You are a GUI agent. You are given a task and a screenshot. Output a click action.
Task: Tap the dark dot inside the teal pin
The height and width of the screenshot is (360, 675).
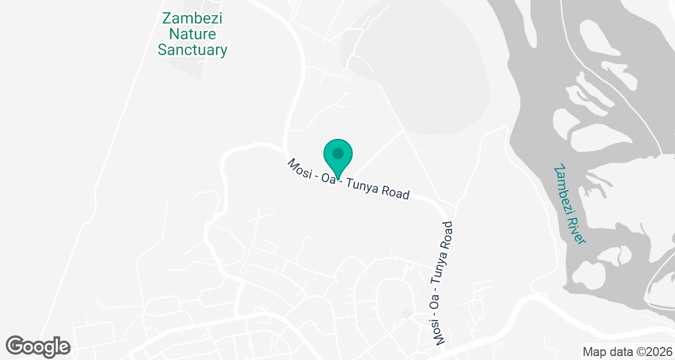[x=337, y=153]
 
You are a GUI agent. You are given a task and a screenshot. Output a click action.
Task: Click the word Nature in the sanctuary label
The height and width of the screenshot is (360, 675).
[x=192, y=34]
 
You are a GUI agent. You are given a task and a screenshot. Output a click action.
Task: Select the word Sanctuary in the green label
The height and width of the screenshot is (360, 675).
[x=192, y=50]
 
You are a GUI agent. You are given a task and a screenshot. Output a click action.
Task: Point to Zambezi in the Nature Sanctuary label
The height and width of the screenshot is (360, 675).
[x=192, y=18]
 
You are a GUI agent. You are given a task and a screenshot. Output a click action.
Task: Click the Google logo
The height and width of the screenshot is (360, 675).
[x=38, y=346]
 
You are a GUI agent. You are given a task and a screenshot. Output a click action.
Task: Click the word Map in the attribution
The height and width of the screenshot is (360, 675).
[x=594, y=352]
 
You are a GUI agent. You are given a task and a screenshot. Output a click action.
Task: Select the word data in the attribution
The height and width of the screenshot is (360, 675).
[x=619, y=352]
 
